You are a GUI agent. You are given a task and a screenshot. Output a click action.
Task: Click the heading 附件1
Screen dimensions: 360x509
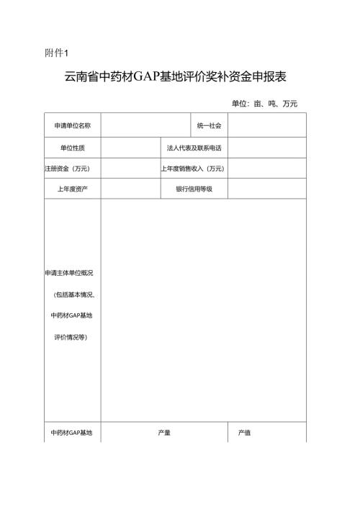[x=55, y=52]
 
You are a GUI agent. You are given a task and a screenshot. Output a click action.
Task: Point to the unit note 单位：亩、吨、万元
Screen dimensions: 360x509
[x=264, y=104]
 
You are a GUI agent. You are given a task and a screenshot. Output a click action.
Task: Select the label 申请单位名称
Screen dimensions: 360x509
[x=72, y=126]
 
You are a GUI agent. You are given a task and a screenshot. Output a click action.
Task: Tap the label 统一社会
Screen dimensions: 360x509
[x=209, y=126]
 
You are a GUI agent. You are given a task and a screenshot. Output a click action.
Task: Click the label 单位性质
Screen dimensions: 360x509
[x=72, y=148]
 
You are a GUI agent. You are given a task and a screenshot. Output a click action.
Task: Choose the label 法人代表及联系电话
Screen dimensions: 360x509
[x=194, y=148]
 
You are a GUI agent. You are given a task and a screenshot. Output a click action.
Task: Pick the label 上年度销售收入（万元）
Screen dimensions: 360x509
[x=193, y=168]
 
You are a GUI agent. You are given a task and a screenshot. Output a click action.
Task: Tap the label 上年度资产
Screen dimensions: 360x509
[x=72, y=189]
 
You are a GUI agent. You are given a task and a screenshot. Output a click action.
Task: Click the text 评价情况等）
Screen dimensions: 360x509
[x=72, y=336]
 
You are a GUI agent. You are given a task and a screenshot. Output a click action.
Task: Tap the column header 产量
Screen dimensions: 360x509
[x=164, y=433]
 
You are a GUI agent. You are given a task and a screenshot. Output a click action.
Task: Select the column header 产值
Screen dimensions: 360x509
[x=244, y=433]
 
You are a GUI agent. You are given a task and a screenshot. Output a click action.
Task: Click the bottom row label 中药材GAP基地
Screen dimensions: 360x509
[x=72, y=433]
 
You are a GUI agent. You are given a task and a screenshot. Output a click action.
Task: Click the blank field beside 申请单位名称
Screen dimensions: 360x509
[x=145, y=126]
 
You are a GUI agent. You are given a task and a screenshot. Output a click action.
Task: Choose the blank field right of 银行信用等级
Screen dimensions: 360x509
[x=266, y=189]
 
